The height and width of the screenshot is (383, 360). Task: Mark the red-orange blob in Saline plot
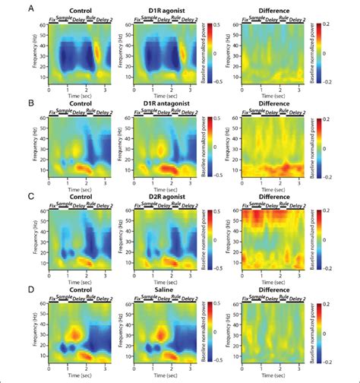point(160,332)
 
